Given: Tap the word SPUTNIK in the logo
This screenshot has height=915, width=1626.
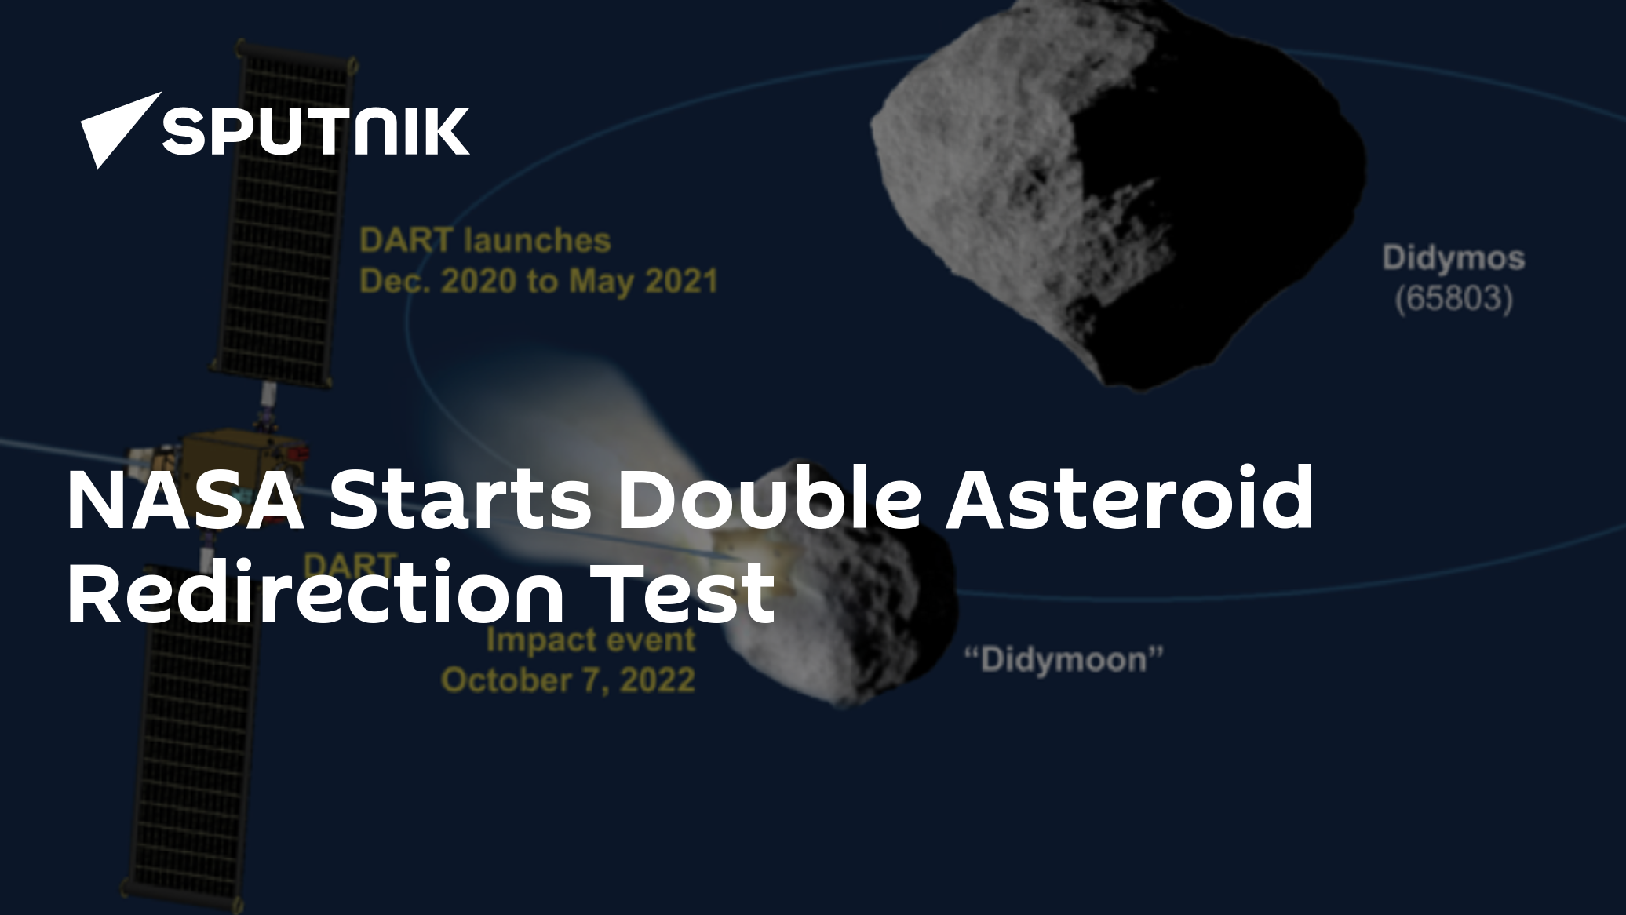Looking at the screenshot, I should point(315,131).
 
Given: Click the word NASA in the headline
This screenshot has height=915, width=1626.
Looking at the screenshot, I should point(186,499).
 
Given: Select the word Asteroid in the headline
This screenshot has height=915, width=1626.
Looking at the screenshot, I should point(1129,499).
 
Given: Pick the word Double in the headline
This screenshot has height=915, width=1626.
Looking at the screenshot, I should point(769,499).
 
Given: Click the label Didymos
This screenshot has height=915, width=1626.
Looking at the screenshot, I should point(1453,258).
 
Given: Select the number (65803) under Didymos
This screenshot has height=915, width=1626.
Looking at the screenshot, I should point(1453,299).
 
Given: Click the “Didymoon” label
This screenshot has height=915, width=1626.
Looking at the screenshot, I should point(1063,659).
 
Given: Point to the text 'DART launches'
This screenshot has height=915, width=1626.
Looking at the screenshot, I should point(485,240).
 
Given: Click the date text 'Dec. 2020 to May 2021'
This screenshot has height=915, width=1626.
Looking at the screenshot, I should point(538,281).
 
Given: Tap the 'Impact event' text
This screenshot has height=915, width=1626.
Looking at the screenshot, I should point(590,640).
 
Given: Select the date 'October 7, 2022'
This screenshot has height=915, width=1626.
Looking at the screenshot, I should point(568,680).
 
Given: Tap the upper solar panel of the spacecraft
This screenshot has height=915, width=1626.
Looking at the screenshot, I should point(283,212).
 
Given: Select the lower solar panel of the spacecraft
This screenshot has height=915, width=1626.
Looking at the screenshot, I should point(196,745).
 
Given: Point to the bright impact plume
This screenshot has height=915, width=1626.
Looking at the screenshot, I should point(565,447).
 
